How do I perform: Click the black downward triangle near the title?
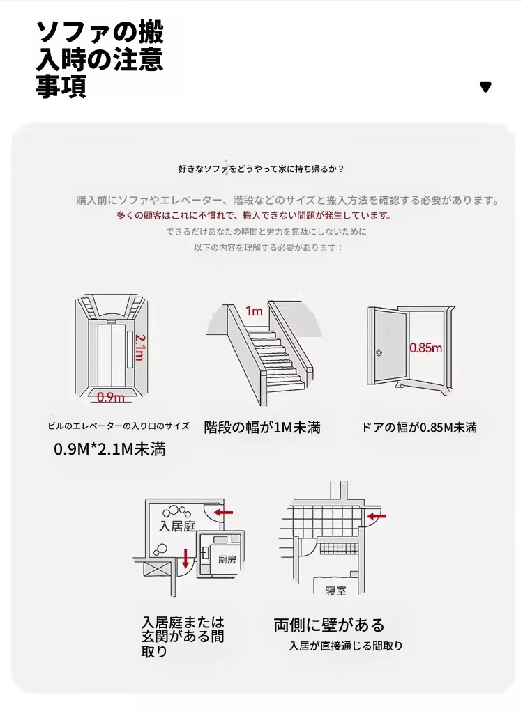(485, 87)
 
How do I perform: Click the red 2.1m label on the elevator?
(139, 347)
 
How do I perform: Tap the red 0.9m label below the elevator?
(110, 397)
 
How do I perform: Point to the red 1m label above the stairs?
(254, 311)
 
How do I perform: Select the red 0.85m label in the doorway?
(425, 348)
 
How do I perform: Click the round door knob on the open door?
(379, 352)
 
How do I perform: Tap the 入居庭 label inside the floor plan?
(177, 526)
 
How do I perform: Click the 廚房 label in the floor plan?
(227, 559)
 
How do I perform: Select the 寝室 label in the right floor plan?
(336, 591)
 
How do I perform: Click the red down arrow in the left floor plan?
(185, 559)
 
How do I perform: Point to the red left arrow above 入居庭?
(224, 513)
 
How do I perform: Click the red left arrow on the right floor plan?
(377, 517)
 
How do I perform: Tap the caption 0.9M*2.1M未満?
(110, 449)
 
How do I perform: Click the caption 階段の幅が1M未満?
(262, 428)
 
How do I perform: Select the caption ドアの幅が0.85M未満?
(419, 428)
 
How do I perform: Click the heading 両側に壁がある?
(329, 625)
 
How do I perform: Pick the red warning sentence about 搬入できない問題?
(254, 215)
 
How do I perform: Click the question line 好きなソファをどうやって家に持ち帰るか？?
(261, 169)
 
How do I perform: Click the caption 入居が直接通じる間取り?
(346, 646)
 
